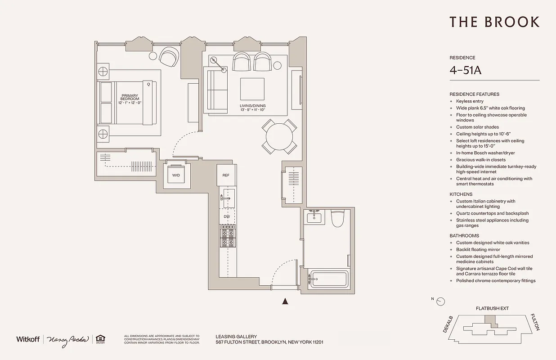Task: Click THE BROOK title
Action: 494,22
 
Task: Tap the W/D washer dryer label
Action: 176,175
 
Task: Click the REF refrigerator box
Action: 226,175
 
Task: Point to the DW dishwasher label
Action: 227,217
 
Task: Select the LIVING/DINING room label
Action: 252,107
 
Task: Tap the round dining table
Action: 279,136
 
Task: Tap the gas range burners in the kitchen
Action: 228,236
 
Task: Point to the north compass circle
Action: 441,301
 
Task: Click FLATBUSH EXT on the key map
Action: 492,309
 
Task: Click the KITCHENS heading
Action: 461,194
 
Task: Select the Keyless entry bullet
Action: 470,101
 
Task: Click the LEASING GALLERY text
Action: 236,336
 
